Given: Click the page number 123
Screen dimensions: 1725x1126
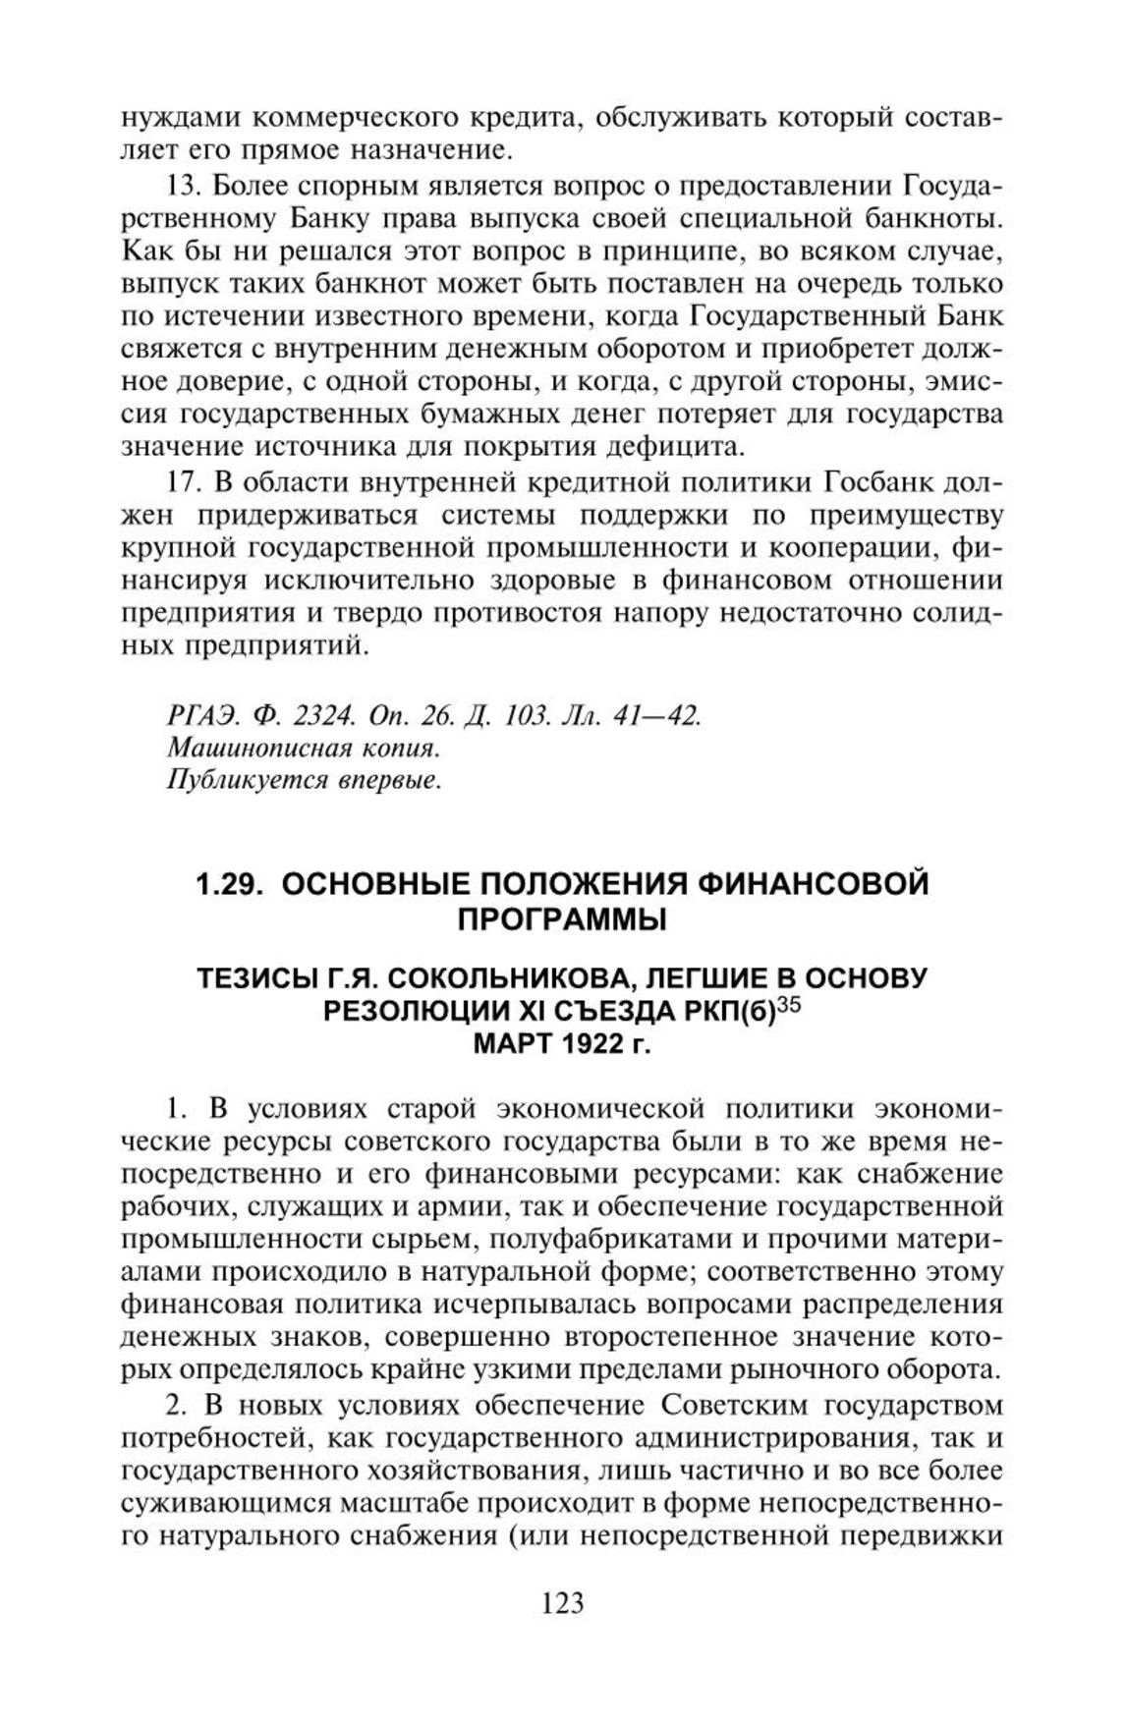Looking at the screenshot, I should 562,1602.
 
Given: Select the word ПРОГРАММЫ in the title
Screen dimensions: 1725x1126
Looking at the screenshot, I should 562,920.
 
